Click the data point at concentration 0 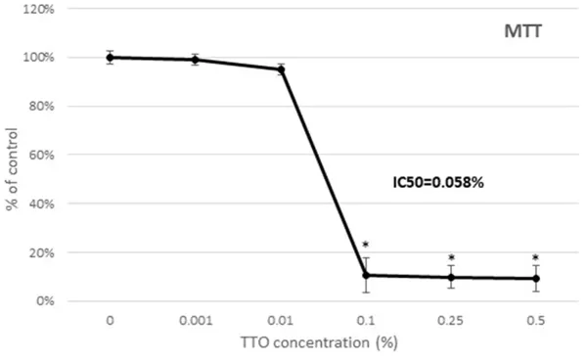pos(111,57)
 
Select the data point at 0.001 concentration pos(196,60)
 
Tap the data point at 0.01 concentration pos(281,69)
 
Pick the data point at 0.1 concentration pos(366,275)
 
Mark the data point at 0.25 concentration pos(451,277)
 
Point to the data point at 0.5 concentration pos(536,279)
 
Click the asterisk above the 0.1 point pos(365,246)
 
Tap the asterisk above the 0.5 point pos(536,258)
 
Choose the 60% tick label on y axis pos(40,155)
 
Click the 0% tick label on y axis pos(44,300)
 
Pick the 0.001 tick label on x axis pos(196,320)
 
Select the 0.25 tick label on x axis pos(451,320)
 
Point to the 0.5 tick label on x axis pos(536,320)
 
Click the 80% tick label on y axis pos(40,106)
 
